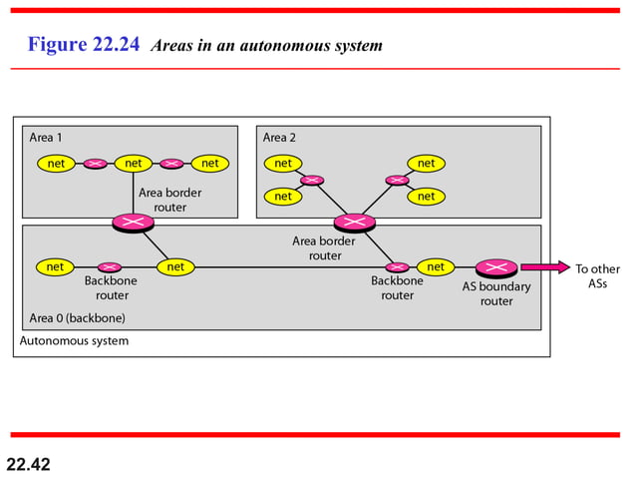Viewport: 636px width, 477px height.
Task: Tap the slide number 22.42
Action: coord(28,464)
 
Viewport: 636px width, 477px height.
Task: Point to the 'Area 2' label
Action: coord(281,137)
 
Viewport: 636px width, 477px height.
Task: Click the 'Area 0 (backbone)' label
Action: coord(76,318)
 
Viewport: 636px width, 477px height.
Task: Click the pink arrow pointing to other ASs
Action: coord(543,267)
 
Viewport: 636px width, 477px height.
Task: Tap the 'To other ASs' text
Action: coord(597,275)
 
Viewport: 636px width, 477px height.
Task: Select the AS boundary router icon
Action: coord(495,267)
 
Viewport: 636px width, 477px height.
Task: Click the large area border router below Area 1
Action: coord(131,222)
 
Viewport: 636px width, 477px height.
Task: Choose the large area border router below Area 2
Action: coord(353,222)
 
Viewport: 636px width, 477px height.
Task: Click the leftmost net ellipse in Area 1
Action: coord(56,163)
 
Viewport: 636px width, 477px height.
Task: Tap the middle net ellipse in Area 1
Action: coord(133,163)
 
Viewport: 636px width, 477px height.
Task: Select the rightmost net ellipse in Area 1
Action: coord(209,163)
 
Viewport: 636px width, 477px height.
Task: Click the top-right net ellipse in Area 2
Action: coord(426,163)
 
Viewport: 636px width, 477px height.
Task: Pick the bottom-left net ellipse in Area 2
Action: coord(283,197)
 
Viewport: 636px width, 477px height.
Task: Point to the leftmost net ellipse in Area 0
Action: coord(55,266)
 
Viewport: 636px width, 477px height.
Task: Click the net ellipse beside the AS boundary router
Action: coord(436,266)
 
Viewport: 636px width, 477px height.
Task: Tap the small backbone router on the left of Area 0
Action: coord(111,266)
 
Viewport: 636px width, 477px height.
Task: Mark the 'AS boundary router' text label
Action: coord(496,293)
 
